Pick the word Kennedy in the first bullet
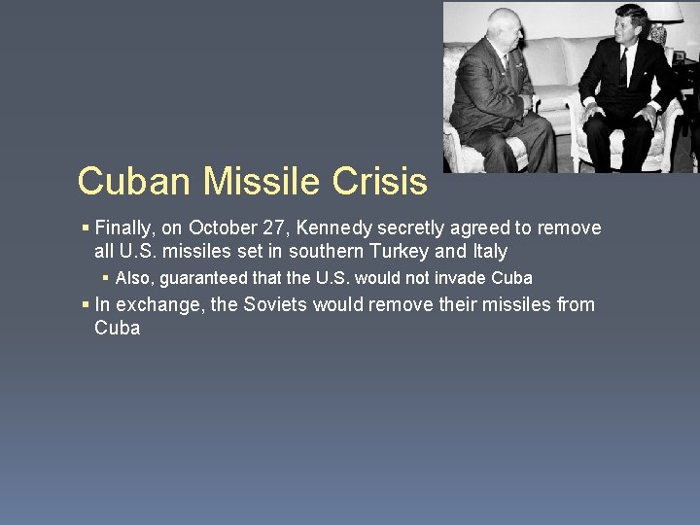[334, 228]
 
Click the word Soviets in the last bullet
[275, 305]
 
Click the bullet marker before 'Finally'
[86, 228]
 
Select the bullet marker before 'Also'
[107, 278]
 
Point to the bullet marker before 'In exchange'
[86, 305]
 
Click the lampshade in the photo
[664, 13]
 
